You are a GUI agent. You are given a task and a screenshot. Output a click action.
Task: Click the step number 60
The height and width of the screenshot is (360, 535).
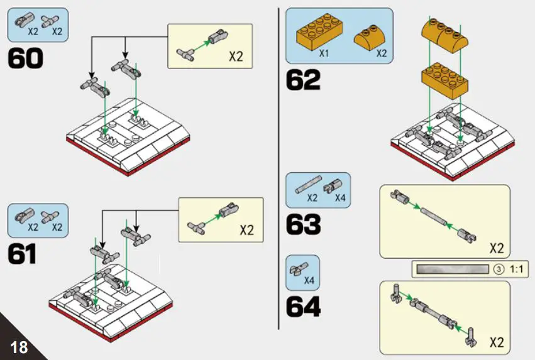26,58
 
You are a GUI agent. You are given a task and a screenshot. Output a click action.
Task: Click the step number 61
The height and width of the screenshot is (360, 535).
23,254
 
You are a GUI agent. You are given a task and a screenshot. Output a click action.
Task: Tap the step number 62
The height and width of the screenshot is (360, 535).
303,80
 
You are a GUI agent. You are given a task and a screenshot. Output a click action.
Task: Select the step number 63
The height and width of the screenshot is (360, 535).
303,224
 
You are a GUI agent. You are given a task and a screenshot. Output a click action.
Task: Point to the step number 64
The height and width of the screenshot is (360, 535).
303,306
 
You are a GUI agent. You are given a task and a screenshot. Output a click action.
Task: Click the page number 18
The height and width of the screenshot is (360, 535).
19,346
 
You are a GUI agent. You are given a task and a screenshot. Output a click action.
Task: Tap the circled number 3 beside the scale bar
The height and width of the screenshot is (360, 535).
499,270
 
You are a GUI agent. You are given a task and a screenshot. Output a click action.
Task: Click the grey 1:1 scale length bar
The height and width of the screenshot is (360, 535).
451,270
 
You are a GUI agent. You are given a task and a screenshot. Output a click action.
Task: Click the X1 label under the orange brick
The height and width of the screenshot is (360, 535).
324,54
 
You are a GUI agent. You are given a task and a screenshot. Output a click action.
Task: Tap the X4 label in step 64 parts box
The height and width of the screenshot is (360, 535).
309,280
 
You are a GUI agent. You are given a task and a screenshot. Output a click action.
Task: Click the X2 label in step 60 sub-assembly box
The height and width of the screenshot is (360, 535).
235,57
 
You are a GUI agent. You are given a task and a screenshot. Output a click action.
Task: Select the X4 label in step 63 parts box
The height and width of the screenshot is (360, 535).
340,198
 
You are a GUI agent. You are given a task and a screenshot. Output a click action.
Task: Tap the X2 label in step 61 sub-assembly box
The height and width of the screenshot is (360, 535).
246,230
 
